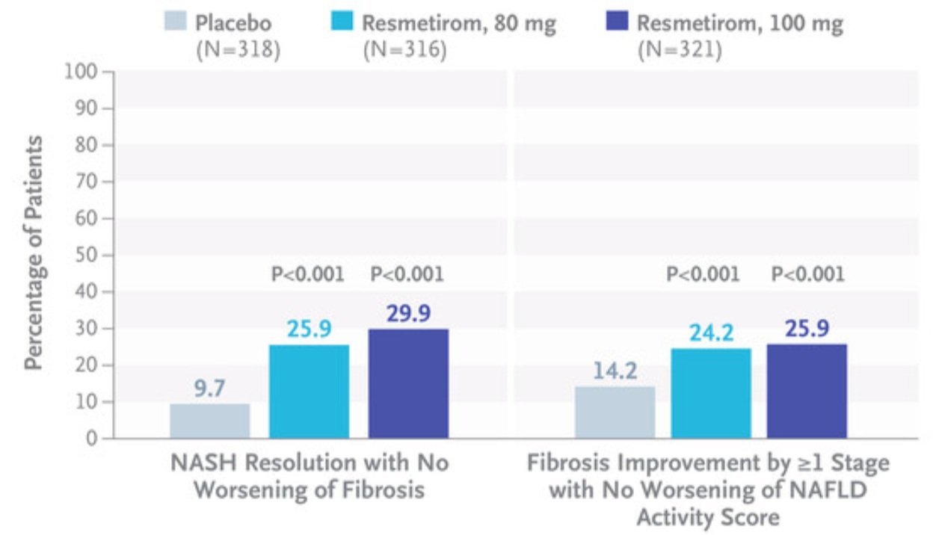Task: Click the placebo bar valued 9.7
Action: tap(210, 421)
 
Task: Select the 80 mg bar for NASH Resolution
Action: tap(309, 392)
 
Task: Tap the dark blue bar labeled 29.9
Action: tap(409, 384)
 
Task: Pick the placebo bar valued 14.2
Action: tap(615, 412)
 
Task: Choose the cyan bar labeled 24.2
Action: tap(711, 394)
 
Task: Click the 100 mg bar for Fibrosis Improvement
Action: tap(807, 391)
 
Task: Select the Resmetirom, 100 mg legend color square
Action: tap(615, 23)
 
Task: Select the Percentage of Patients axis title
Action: tap(34, 253)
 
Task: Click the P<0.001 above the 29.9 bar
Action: tap(407, 274)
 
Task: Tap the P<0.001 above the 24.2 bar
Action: tap(703, 274)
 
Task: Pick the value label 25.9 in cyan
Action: tap(309, 330)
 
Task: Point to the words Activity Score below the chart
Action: tap(708, 517)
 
